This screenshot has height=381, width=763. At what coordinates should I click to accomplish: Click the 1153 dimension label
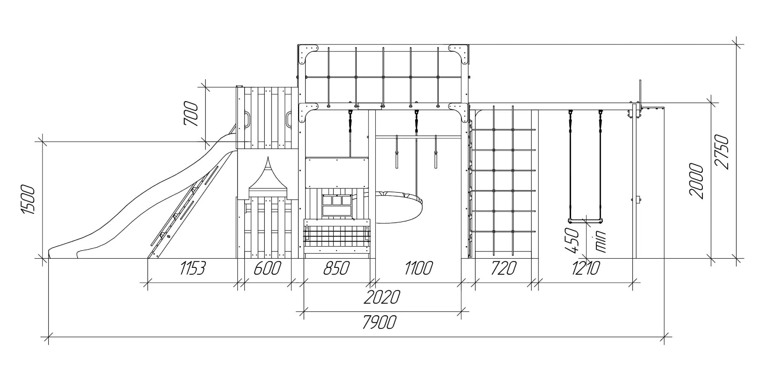(x=193, y=269)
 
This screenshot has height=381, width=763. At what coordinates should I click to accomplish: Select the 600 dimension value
(x=267, y=269)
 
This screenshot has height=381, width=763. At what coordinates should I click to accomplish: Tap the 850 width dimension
(x=336, y=269)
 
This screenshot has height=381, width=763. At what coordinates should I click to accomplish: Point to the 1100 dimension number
(x=419, y=269)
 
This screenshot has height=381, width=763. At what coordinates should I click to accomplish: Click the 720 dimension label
(x=504, y=269)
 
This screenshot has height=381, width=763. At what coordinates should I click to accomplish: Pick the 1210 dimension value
(x=586, y=269)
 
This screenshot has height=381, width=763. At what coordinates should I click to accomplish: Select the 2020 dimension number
(x=382, y=297)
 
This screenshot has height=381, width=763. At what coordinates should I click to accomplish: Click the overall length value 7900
(x=379, y=322)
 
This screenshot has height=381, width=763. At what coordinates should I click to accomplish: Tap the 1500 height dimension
(x=28, y=200)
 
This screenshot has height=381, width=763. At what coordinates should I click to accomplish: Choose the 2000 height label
(x=696, y=181)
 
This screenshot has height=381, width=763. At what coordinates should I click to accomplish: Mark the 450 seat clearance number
(x=572, y=240)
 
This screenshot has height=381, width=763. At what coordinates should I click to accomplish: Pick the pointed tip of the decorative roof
(x=268, y=157)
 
